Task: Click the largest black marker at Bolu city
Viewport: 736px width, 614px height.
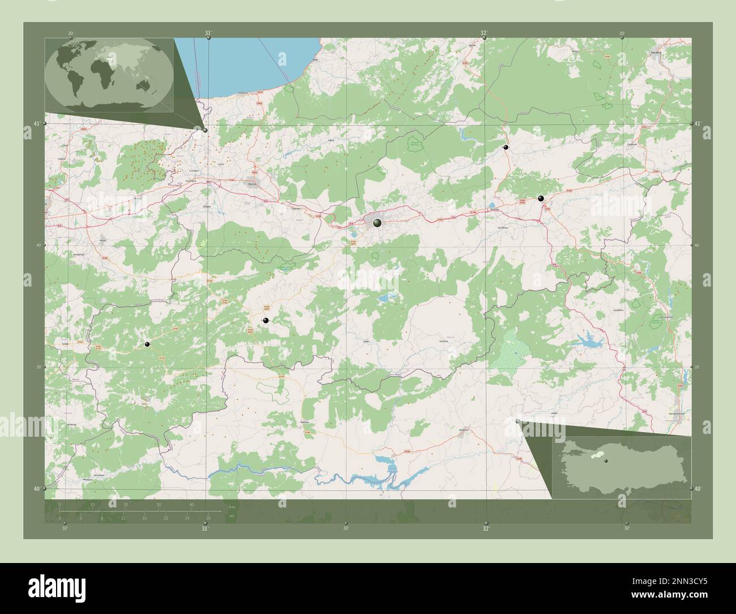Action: point(377,224)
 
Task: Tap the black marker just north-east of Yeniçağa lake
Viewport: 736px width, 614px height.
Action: point(541,198)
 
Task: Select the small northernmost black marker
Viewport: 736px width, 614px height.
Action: point(506,147)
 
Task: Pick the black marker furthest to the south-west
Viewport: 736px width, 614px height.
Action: point(147,344)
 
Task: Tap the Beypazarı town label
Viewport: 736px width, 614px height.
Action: point(464,428)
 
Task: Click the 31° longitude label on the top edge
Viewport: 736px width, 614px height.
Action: point(208,33)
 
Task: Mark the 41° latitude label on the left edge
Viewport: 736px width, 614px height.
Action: point(37,123)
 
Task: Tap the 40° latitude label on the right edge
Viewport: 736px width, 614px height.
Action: point(698,488)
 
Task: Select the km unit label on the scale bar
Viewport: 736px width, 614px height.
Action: point(232,507)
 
